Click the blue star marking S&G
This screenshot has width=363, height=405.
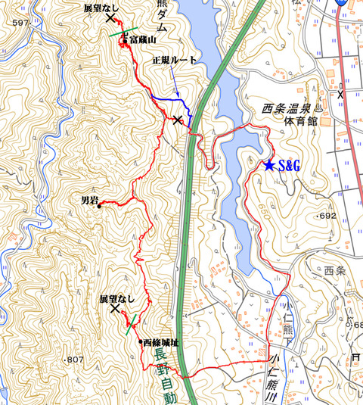[269, 165]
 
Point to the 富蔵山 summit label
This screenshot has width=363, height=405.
[141, 39]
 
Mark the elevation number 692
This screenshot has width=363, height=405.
[326, 216]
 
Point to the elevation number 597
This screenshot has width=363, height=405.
[20, 24]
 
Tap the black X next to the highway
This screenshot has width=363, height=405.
[178, 120]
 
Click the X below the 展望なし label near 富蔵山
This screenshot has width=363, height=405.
[112, 17]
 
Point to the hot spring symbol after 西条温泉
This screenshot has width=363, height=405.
[318, 107]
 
